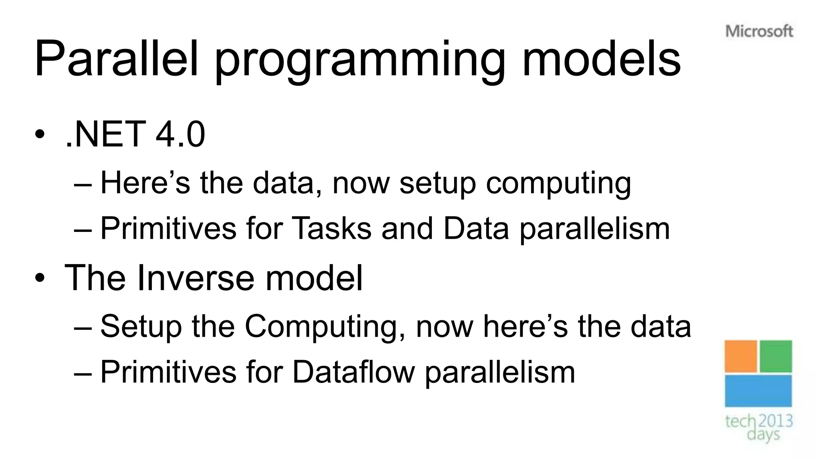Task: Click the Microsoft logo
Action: (x=759, y=31)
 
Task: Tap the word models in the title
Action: (x=601, y=59)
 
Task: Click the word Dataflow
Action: (x=353, y=372)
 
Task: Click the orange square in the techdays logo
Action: (x=741, y=356)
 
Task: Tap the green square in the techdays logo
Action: (x=776, y=356)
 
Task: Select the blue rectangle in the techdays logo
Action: (x=758, y=391)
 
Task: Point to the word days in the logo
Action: (x=763, y=434)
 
